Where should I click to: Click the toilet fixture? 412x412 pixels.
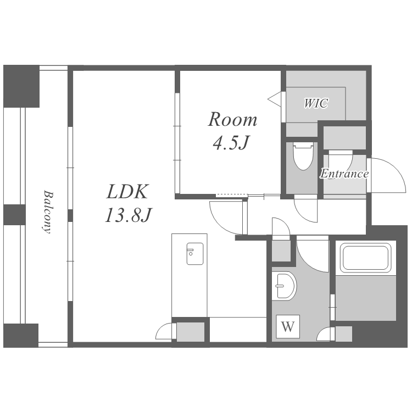[303, 156]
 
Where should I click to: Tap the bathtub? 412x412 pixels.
[365, 258]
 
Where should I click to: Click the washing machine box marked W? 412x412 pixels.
[288, 327]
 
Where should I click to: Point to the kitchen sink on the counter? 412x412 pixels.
[194, 254]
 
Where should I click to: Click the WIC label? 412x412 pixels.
[316, 103]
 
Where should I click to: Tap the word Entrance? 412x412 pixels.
[344, 174]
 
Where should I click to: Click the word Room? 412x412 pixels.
[232, 120]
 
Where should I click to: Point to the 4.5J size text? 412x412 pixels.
[231, 143]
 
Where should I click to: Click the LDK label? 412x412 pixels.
[127, 192]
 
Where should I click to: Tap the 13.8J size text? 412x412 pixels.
[128, 215]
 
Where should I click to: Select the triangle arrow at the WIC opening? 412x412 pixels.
[275, 99]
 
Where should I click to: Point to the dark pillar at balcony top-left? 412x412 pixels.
[21, 86]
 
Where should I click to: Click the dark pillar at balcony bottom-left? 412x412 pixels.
[21, 336]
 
